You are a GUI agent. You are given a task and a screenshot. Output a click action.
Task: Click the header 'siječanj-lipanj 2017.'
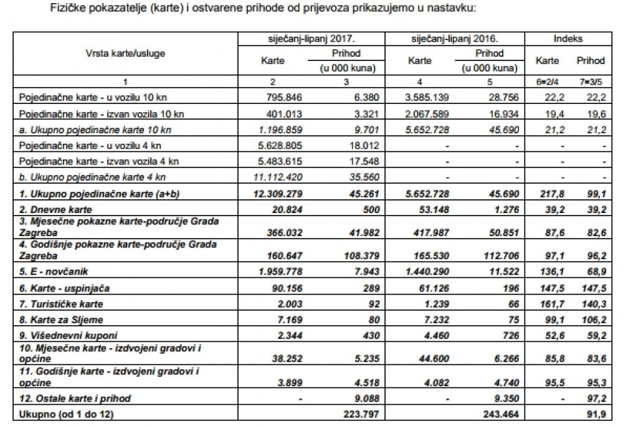tap(311, 39)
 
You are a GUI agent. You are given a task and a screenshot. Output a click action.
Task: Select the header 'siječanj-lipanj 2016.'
tap(455, 39)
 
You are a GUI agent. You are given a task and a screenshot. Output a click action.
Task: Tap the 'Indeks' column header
tap(568, 39)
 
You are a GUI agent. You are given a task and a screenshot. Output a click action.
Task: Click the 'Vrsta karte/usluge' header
tap(125, 54)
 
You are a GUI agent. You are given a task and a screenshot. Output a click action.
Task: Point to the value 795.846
tap(283, 97)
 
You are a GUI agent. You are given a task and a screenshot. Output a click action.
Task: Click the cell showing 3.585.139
tap(427, 97)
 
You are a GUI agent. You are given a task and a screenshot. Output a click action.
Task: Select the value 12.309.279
tap(278, 194)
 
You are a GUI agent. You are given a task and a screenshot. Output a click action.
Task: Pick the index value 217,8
tap(552, 194)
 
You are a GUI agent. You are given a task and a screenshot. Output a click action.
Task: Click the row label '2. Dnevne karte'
tap(55, 210)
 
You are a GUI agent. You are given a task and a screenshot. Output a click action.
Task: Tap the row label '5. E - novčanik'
tap(54, 272)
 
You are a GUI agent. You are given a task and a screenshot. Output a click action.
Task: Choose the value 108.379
tap(362, 256)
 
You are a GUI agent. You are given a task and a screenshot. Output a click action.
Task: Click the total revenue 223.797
tap(361, 415)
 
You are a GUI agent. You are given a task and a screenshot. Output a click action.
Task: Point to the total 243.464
tap(501, 415)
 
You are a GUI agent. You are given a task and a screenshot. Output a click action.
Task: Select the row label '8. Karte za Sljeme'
tap(61, 320)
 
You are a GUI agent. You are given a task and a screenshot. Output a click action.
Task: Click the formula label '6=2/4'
tap(548, 82)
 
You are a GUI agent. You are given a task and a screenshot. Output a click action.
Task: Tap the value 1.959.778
tap(280, 272)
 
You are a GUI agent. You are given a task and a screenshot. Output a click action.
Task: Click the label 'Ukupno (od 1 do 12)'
tap(67, 415)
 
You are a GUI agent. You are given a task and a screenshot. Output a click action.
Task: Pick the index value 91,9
tap(596, 415)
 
